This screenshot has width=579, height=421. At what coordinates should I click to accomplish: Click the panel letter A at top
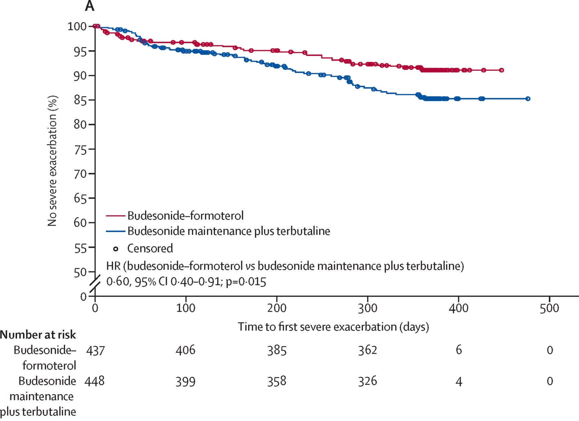[89, 6]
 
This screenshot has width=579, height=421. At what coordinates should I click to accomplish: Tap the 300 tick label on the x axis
[368, 308]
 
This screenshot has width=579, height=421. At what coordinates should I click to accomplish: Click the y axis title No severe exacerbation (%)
[53, 161]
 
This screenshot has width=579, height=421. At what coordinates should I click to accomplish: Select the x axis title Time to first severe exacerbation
[333, 326]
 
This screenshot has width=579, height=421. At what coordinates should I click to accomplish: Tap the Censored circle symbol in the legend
[116, 249]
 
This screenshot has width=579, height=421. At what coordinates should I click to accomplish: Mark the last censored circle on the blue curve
[528, 99]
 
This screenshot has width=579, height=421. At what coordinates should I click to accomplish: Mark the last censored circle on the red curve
[501, 70]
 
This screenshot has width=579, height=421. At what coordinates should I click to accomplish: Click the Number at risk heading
[38, 335]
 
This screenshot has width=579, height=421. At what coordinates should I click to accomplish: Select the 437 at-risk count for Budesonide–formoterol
[95, 350]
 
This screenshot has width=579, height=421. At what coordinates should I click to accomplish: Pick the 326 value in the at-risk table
[368, 381]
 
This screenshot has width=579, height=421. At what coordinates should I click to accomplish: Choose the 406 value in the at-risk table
[185, 350]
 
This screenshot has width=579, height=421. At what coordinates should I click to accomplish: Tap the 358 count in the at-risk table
[276, 381]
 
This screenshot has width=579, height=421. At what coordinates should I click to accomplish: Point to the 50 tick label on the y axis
[80, 272]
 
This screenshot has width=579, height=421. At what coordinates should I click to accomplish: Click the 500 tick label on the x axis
[549, 308]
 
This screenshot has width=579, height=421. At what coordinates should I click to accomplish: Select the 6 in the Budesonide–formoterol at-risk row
[459, 350]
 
